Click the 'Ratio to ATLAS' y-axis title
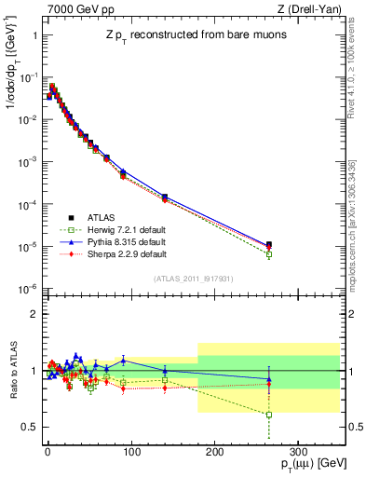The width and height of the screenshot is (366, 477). coord(13,371)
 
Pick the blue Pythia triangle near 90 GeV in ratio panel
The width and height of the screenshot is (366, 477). coord(123,361)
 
